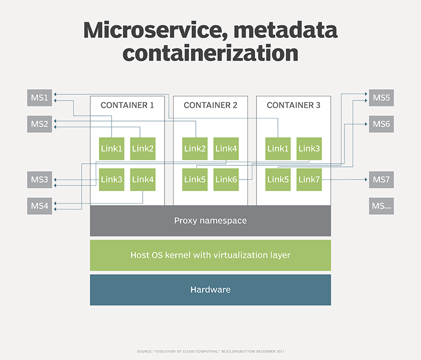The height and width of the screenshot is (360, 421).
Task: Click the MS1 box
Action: tap(39, 98)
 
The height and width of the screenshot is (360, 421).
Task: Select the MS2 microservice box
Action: tap(39, 124)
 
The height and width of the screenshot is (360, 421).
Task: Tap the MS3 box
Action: tap(39, 180)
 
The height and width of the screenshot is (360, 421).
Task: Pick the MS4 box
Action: tap(39, 206)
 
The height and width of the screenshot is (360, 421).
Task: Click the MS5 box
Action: tap(381, 98)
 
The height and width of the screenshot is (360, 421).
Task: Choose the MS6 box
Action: tap(381, 124)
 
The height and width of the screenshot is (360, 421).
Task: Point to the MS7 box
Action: tap(381, 180)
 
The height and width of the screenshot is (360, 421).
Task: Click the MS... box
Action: tap(381, 206)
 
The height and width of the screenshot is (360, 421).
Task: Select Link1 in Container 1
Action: tap(112, 149)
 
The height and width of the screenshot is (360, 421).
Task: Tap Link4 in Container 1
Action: tap(143, 180)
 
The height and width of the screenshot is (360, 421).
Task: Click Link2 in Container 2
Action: tap(195, 149)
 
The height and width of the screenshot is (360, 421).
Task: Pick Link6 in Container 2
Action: tap(226, 180)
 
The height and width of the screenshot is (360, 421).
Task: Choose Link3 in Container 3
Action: tap(309, 149)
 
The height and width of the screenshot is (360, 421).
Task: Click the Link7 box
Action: tap(309, 180)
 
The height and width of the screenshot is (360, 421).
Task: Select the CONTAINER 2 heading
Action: tap(210, 105)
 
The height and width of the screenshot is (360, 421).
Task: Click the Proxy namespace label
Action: tap(210, 221)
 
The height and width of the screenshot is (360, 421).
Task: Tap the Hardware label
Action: tap(210, 289)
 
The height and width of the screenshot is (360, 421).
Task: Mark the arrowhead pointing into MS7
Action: tap(366, 180)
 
